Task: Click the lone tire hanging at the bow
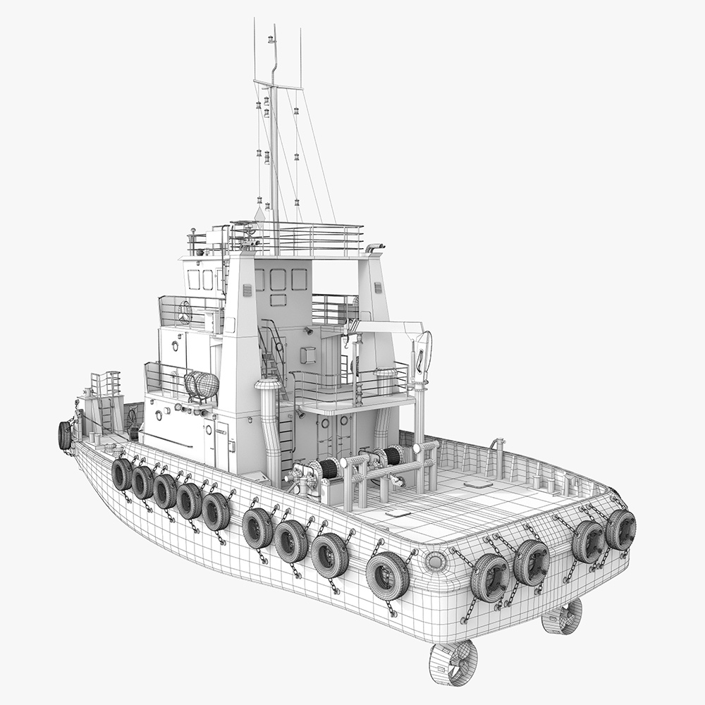point(64,435)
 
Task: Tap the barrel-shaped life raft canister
point(202,386)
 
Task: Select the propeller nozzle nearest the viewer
point(453,662)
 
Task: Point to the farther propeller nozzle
point(562,616)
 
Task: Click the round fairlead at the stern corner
point(435,561)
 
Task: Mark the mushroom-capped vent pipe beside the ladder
point(269,386)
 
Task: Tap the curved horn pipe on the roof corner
point(374,247)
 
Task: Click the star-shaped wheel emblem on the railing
point(185,312)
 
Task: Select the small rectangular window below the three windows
point(278,300)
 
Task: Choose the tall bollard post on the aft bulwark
point(499,455)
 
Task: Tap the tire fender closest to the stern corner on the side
point(388,575)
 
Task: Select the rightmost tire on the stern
point(620,529)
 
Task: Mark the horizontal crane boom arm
point(388,326)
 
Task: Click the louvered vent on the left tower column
point(247,290)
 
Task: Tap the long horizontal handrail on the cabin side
point(169,440)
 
